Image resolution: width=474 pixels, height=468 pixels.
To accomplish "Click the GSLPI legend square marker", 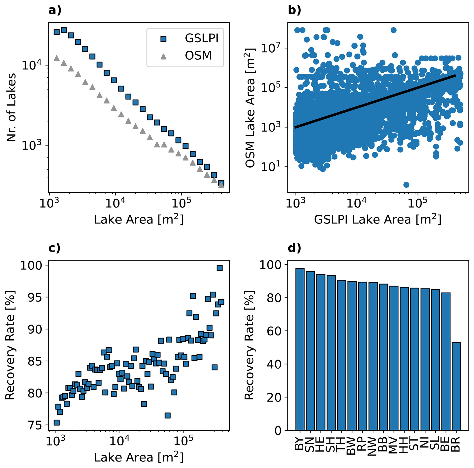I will coord(163,39).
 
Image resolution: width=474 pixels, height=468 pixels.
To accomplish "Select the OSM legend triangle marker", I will coord(163,56).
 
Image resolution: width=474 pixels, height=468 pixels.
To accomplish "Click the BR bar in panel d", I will coord(456,386).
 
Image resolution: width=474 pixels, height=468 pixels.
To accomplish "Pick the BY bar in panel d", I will coord(300,349).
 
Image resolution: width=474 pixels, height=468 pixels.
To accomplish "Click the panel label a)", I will coord(55,11).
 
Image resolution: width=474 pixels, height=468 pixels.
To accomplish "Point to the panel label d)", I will coord(294,248).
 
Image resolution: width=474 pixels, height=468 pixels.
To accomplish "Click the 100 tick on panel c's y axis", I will coord(31,266).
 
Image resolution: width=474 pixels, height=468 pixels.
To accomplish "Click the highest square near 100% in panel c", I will coord(219,268).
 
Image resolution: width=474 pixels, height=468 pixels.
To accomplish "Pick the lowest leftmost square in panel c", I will coord(57,422).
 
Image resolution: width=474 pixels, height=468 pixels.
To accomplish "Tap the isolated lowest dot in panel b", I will coord(406,185).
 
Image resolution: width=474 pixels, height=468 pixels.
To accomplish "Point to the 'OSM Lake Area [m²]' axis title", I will coord(250,108).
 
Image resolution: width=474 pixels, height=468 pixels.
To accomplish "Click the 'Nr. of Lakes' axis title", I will coord(11,108).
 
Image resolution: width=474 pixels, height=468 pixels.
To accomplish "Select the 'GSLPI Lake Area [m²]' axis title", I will coord(378,219).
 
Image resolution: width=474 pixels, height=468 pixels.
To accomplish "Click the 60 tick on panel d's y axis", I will coord(274,331).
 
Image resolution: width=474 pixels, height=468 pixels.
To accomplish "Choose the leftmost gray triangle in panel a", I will coord(57,58).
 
